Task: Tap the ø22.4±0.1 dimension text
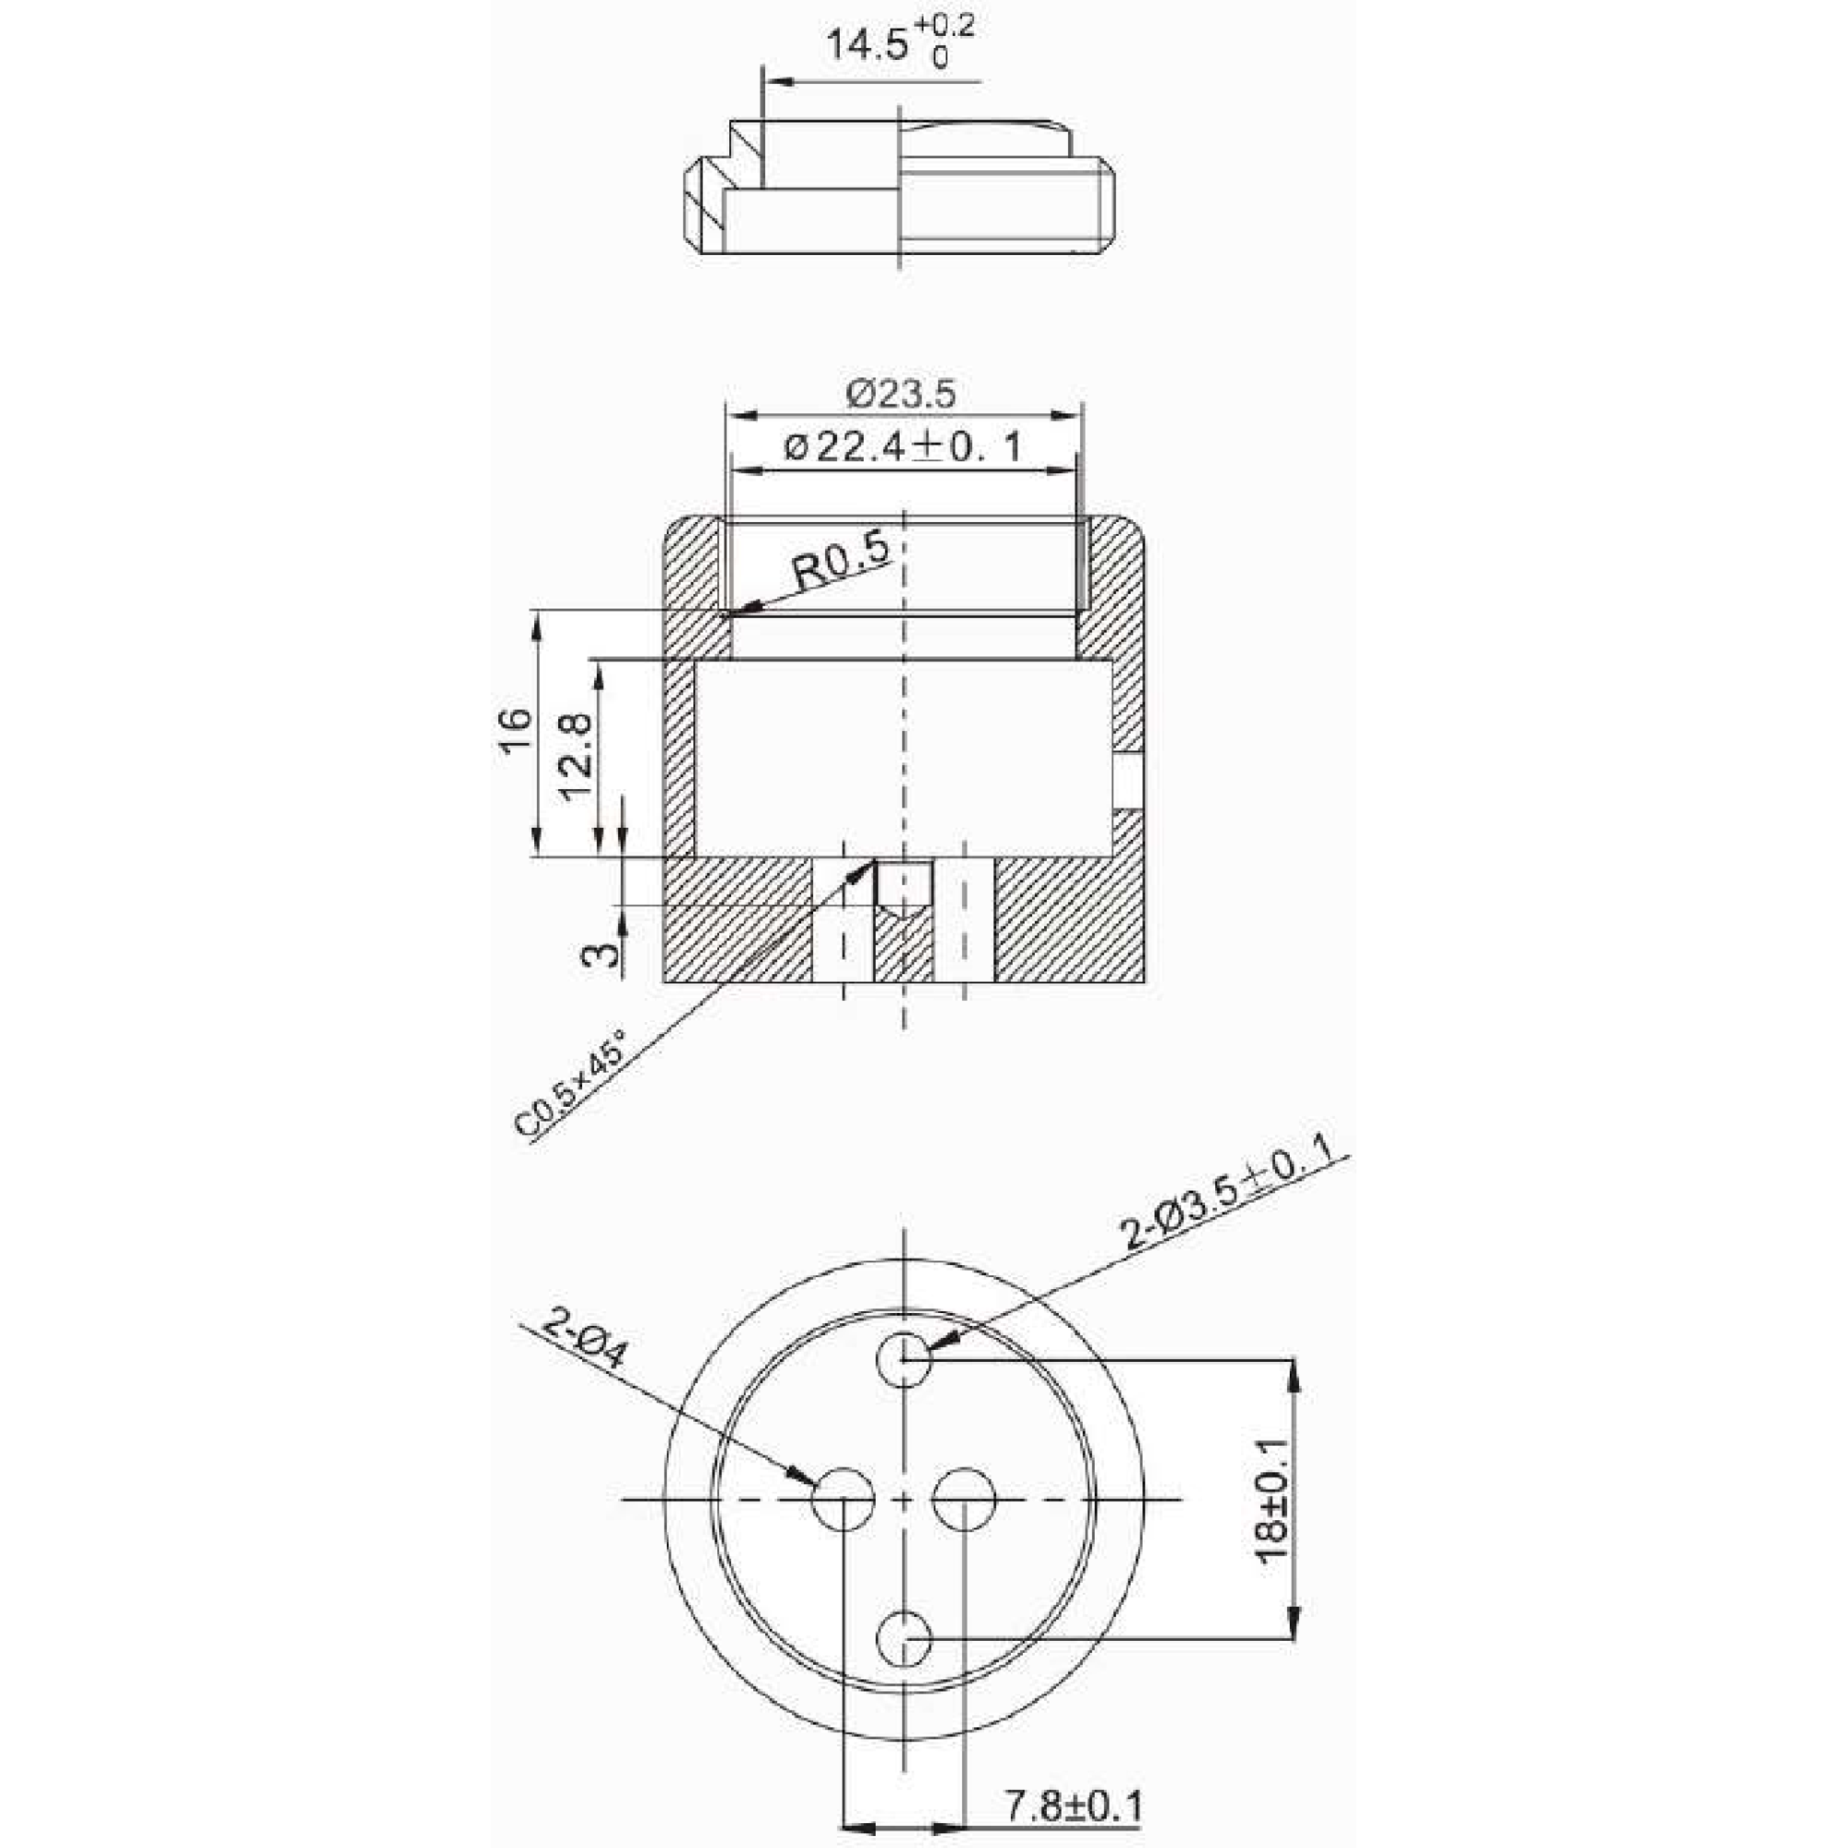pos(902,446)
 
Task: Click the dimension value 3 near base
pos(600,954)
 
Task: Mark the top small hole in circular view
pos(905,1358)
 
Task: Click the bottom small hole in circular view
pos(905,1639)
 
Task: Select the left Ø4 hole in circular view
pos(844,1499)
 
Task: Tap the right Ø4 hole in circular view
pos(964,1499)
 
